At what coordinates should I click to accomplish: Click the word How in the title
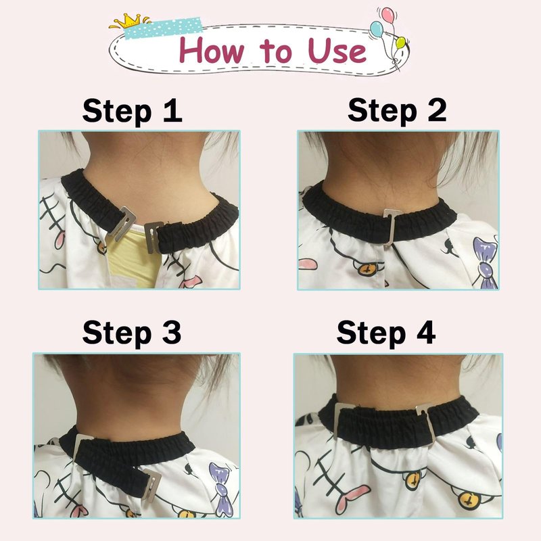[x=211, y=50]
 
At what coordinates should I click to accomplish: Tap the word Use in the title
[x=337, y=51]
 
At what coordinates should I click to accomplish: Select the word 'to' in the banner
[x=276, y=51]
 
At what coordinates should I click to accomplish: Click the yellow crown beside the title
[x=128, y=21]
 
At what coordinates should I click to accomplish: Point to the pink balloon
[x=387, y=14]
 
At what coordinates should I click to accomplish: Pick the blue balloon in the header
[x=376, y=29]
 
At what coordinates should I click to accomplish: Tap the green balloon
[x=400, y=43]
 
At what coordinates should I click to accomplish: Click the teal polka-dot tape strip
[x=163, y=28]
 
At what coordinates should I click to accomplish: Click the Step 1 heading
[x=132, y=111]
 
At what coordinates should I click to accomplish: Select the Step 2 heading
[x=397, y=110]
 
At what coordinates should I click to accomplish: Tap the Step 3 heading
[x=132, y=332]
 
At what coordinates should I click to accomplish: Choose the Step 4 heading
[x=386, y=332]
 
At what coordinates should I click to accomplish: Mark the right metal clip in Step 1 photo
[x=153, y=238]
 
